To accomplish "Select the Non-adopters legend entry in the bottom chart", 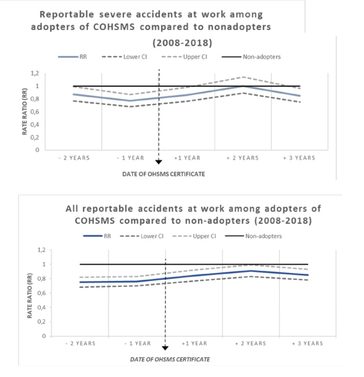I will (x=263, y=236).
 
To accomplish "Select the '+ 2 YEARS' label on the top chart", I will (x=242, y=158).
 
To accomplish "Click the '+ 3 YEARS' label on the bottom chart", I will (x=307, y=344).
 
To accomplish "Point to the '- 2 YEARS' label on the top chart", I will (x=74, y=158).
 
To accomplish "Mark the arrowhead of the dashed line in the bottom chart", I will (x=165, y=348).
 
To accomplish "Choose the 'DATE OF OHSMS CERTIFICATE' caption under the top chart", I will (x=158, y=173).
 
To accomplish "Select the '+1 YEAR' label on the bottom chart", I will (x=194, y=344).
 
